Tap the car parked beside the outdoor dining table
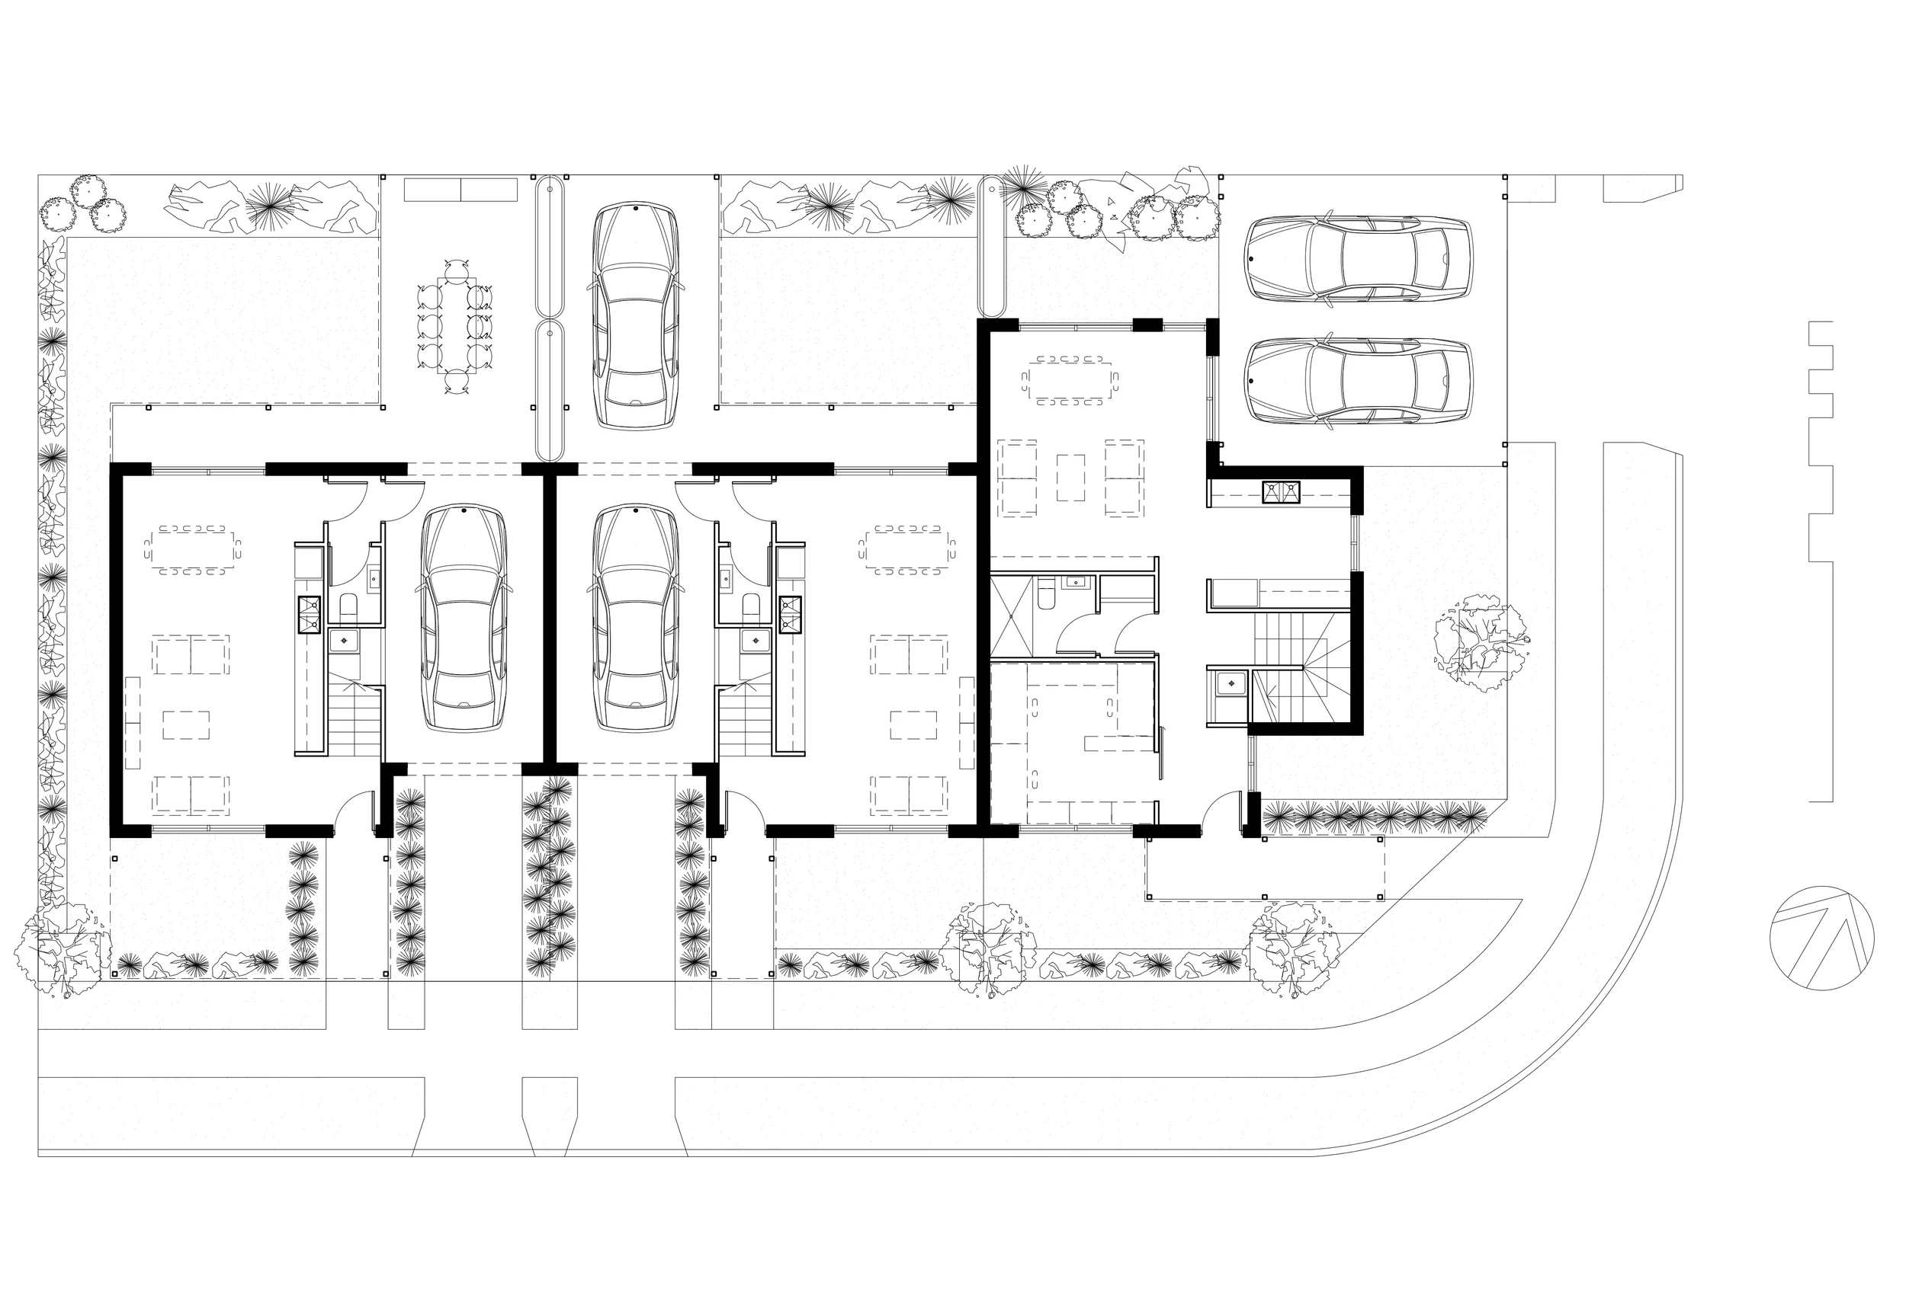coord(635,315)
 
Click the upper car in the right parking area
coord(1358,259)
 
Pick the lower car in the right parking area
coord(1358,382)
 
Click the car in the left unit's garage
coord(464,619)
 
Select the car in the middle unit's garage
coord(636,619)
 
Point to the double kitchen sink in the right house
coord(1280,492)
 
